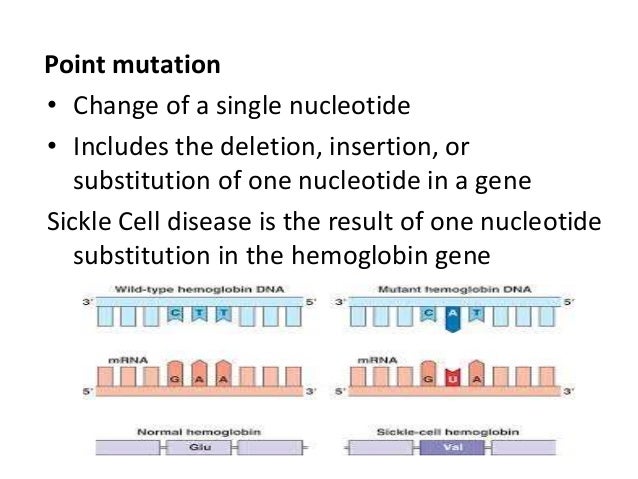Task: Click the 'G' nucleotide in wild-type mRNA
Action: coord(174,380)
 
